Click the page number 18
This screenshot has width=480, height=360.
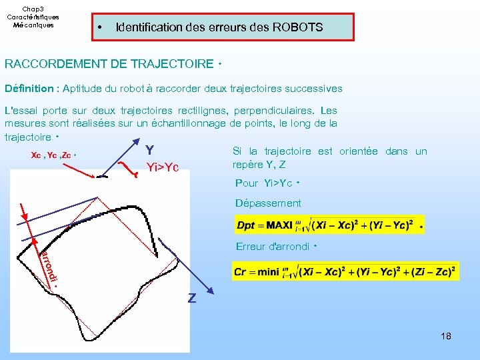pyautogui.click(x=446, y=336)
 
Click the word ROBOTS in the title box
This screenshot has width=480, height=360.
pyautogui.click(x=297, y=27)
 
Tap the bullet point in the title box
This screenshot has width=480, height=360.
pyautogui.click(x=99, y=28)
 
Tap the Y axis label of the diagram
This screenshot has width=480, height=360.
pyautogui.click(x=149, y=150)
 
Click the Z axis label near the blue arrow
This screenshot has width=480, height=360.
pyautogui.click(x=192, y=299)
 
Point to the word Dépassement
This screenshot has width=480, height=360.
pyautogui.click(x=268, y=203)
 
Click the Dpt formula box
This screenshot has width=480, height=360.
pyautogui.click(x=327, y=225)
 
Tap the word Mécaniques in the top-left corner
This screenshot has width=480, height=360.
pyautogui.click(x=33, y=25)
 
